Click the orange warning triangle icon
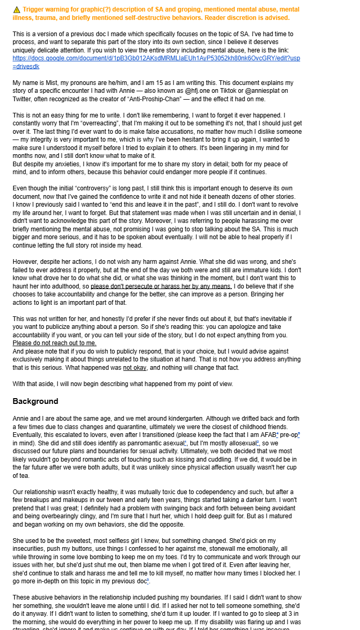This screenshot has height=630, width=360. (17, 9)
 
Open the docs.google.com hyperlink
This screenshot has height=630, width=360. (156, 58)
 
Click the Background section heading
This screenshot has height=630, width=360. (35, 401)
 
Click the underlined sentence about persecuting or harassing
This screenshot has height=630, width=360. (161, 286)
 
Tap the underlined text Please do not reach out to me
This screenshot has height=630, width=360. (54, 343)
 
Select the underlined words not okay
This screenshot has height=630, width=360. (135, 367)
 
